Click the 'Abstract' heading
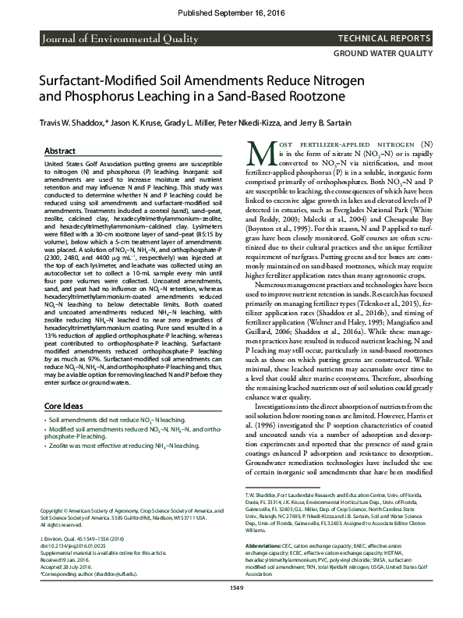click(x=60, y=151)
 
